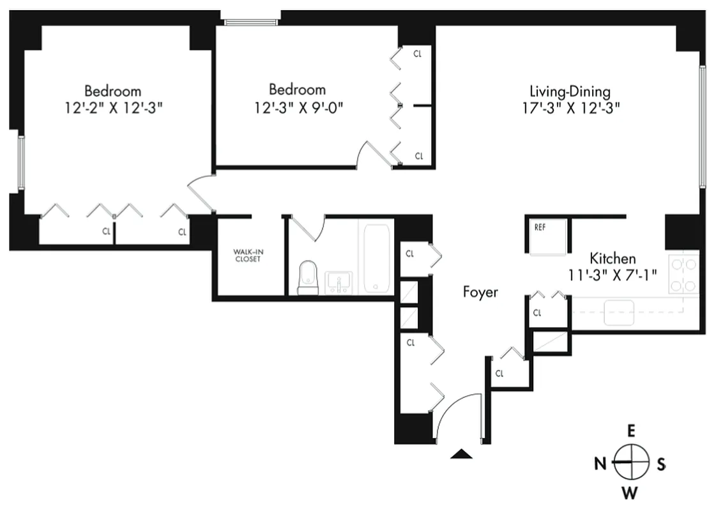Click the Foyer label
(480, 293)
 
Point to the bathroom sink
(338, 282)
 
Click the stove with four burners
(683, 272)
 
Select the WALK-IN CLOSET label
(248, 256)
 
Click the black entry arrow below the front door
(461, 454)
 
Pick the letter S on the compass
(661, 464)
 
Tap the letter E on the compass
(631, 431)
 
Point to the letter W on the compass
(631, 492)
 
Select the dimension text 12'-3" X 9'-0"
(297, 107)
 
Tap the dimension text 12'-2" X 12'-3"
(113, 108)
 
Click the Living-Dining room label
(571, 91)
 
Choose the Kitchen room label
(613, 259)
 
